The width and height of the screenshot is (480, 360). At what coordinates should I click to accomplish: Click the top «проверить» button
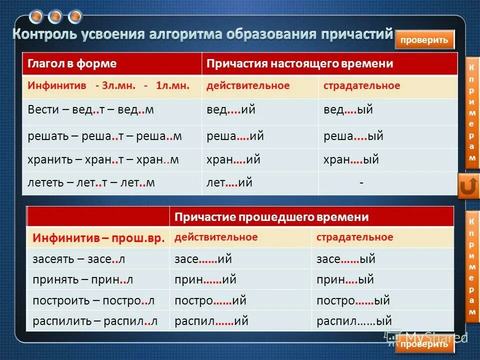[424, 40]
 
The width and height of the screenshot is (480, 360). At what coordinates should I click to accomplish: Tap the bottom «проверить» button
[424, 344]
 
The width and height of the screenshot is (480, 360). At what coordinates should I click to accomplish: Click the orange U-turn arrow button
[468, 186]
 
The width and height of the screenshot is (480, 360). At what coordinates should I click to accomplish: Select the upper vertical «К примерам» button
[471, 112]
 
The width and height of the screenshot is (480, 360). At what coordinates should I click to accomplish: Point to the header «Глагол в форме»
[72, 64]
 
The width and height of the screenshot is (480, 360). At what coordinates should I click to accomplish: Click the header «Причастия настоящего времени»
[300, 64]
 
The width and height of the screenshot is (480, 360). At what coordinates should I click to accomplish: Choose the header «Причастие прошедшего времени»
[271, 217]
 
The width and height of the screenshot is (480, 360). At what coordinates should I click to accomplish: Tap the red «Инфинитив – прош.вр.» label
[98, 238]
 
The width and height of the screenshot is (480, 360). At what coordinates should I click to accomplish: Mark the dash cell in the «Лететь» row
[361, 183]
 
